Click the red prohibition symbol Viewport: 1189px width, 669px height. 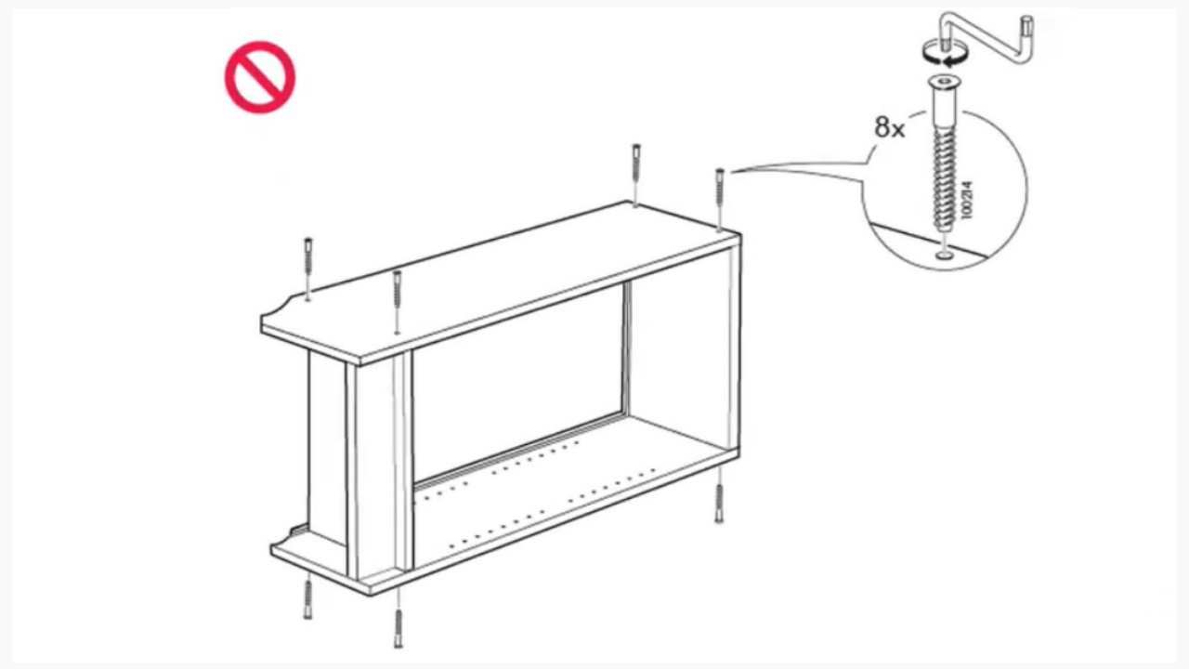pos(260,78)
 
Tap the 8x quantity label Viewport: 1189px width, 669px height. pos(889,128)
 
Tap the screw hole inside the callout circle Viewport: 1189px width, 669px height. pos(945,253)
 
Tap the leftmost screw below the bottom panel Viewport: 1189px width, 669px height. pos(307,600)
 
